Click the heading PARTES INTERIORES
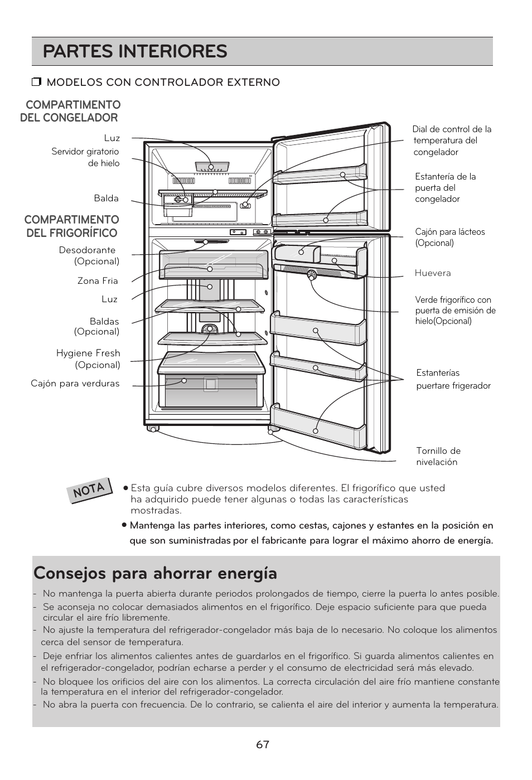(135, 51)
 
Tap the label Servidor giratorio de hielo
(85, 157)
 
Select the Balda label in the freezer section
(106, 198)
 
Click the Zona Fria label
(98, 281)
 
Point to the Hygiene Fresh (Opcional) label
(88, 359)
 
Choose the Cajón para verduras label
(75, 384)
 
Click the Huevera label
(432, 273)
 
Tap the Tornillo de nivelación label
(438, 457)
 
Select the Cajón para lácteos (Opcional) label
(449, 238)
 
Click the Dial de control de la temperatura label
(452, 141)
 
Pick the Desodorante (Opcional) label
(89, 256)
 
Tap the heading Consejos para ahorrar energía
(155, 573)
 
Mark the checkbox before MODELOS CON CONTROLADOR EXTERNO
(37, 83)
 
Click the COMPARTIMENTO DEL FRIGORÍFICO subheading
(71, 226)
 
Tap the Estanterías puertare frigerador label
(453, 379)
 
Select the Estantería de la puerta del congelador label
(445, 188)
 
